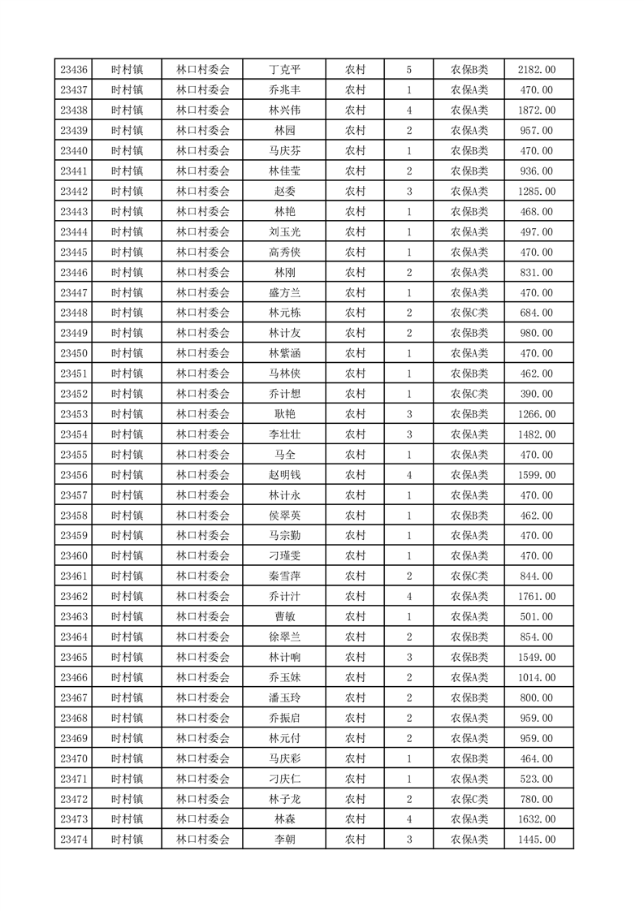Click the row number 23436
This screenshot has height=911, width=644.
click(x=74, y=70)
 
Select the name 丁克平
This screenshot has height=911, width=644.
click(x=284, y=70)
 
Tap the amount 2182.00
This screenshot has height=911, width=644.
click(x=537, y=70)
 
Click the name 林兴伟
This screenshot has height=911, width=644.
click(x=284, y=110)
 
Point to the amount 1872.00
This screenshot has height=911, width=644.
click(x=537, y=110)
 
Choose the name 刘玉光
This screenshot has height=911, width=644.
click(x=284, y=232)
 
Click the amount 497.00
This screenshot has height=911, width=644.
click(x=537, y=232)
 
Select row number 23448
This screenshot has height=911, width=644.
click(x=74, y=313)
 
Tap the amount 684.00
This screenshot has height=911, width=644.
click(x=537, y=313)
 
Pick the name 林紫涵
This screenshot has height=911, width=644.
click(x=284, y=354)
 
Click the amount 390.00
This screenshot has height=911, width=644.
click(x=537, y=394)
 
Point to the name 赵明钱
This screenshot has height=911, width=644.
click(x=284, y=475)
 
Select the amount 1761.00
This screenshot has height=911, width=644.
click(x=537, y=597)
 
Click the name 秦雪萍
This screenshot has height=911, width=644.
click(x=284, y=576)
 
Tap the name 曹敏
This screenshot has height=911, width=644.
click(x=284, y=617)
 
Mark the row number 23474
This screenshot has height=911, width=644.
click(x=74, y=840)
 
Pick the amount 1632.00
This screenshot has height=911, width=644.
click(x=537, y=819)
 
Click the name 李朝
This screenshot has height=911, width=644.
click(x=284, y=840)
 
